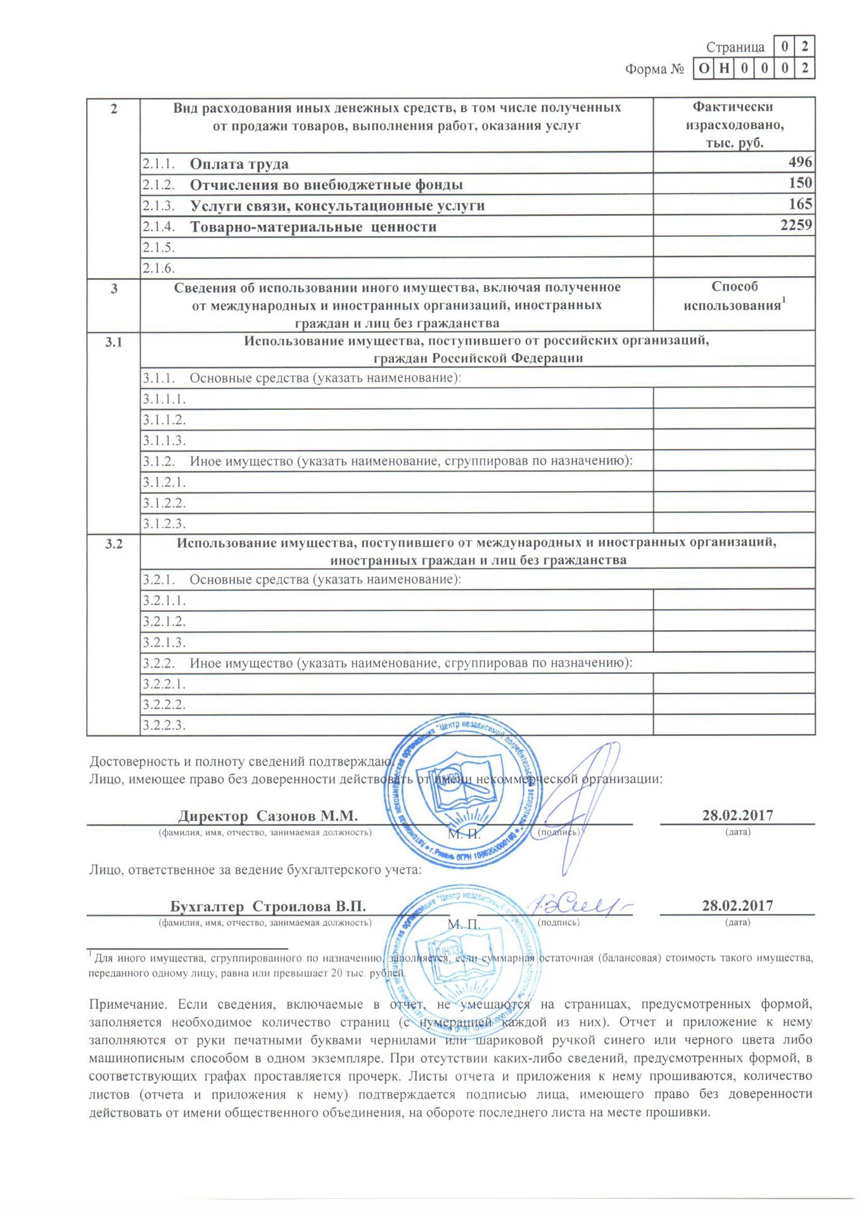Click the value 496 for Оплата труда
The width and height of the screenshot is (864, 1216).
point(800,163)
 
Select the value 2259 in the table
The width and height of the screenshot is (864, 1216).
point(796,225)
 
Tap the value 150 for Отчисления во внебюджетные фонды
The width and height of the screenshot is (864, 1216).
point(800,184)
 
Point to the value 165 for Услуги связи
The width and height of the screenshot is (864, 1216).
point(800,205)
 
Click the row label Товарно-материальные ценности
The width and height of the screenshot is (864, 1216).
point(313,226)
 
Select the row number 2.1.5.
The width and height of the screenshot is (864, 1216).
point(158,247)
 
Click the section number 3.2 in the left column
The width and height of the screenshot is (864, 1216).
point(113,544)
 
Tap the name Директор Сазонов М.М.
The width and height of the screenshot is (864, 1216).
point(268,814)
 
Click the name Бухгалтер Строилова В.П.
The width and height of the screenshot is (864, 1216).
point(264,906)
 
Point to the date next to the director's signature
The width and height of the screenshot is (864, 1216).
point(737,814)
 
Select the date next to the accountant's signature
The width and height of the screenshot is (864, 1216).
point(737,906)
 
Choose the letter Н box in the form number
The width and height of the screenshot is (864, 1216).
point(723,68)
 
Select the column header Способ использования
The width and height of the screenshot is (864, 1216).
point(735,296)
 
